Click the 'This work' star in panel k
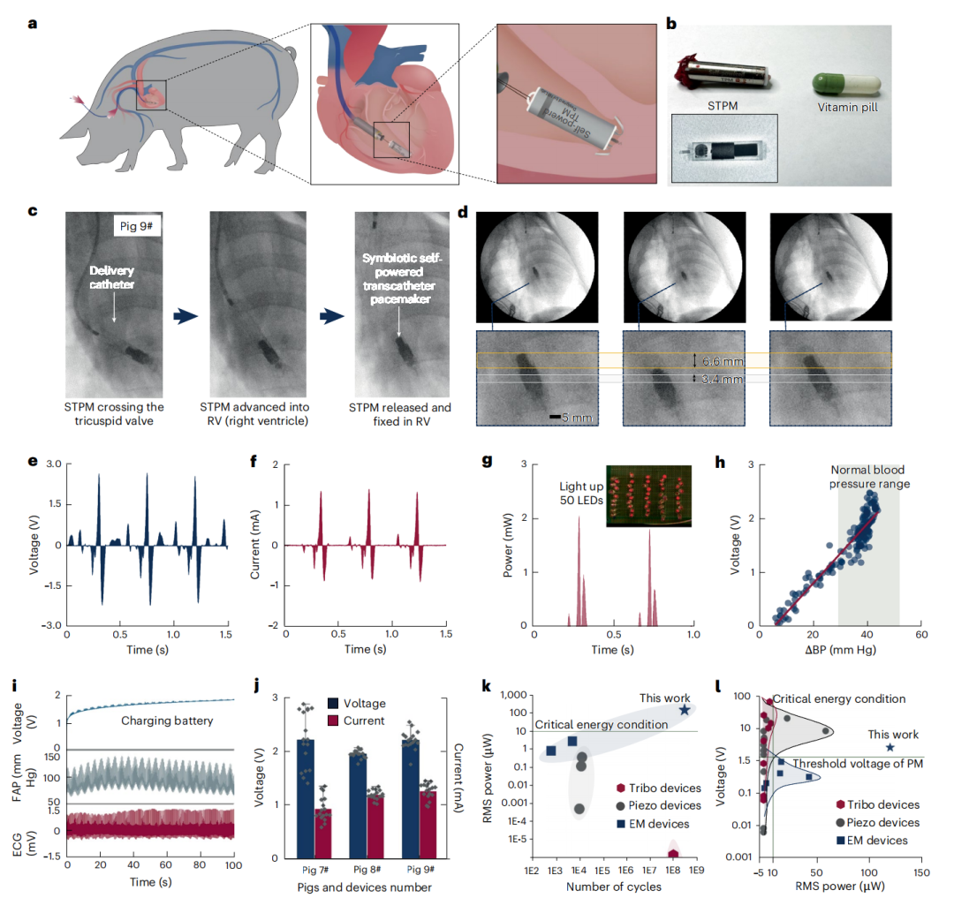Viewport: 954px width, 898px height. coord(685,710)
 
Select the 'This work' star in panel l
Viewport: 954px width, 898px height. coord(890,747)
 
